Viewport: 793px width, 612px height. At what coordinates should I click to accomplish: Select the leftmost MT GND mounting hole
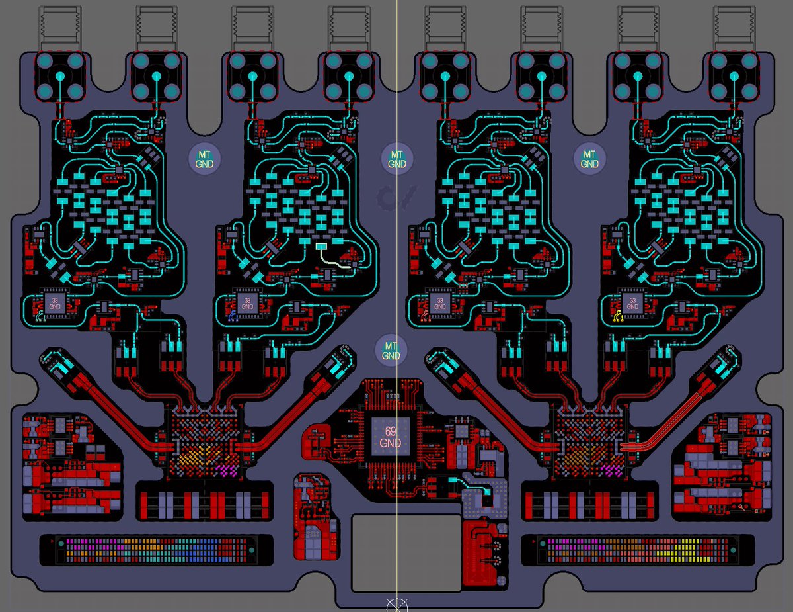point(205,159)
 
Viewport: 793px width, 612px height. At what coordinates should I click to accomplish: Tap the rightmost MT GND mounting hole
point(589,159)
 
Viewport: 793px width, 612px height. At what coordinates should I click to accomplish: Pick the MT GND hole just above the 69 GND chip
point(391,351)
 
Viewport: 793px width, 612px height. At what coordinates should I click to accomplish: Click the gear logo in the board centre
point(397,197)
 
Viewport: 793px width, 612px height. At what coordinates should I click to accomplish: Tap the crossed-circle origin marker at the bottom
point(397,605)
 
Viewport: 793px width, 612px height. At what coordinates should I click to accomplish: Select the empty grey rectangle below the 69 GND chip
point(406,552)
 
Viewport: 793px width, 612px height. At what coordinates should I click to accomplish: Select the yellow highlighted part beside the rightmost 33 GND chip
point(618,316)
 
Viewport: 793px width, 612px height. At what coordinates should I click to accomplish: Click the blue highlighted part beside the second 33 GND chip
point(233,316)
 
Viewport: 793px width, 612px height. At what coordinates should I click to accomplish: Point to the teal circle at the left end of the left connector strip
point(61,544)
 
